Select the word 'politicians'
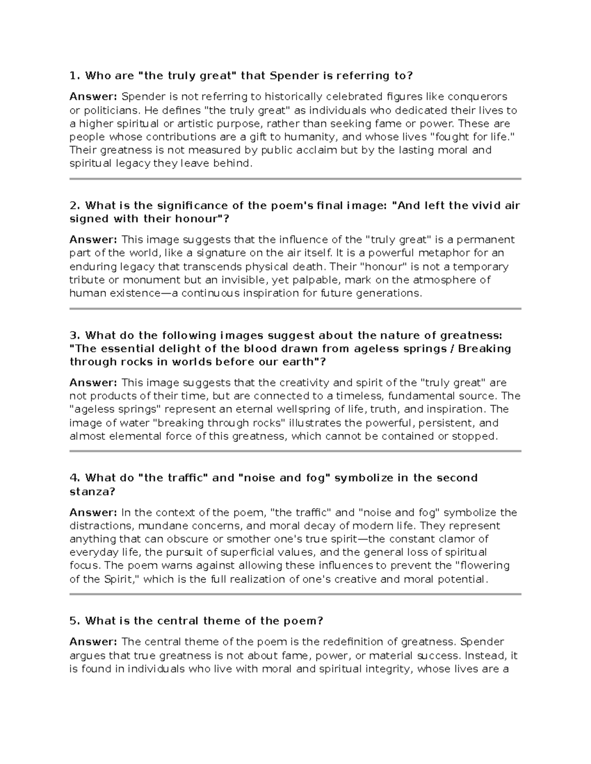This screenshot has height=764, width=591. tap(106, 110)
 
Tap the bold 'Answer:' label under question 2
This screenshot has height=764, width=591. tap(93, 240)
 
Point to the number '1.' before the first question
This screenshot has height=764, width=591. tap(74, 76)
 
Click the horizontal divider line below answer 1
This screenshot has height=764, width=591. tap(295, 179)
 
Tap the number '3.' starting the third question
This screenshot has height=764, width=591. tap(75, 336)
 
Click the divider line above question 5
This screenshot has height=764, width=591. tap(295, 594)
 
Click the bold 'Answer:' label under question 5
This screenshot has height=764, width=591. tap(93, 642)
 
